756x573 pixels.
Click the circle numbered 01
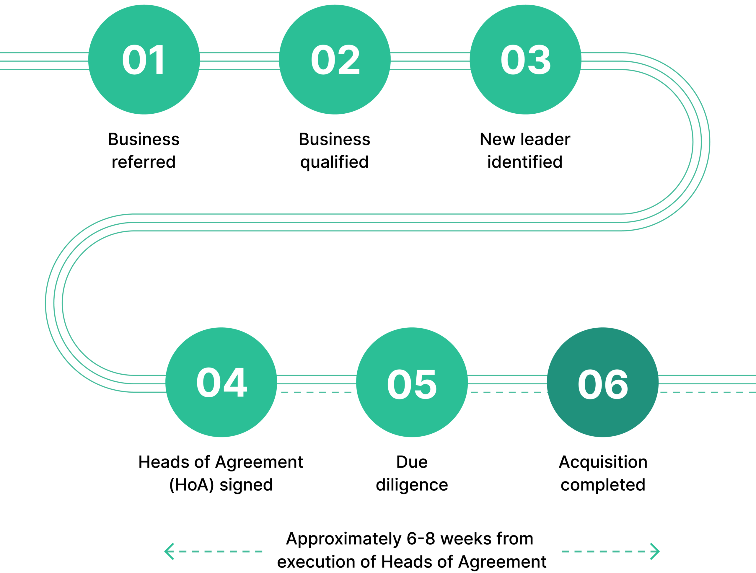pyautogui.click(x=144, y=59)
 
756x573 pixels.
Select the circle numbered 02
pyautogui.click(x=335, y=59)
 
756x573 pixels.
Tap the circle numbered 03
pyautogui.click(x=525, y=59)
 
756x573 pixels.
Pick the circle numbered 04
pyautogui.click(x=221, y=382)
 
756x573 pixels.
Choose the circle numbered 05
pyautogui.click(x=412, y=382)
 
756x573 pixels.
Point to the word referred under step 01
pyautogui.click(x=144, y=162)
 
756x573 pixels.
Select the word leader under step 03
pyautogui.click(x=545, y=139)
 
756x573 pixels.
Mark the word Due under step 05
pyautogui.click(x=412, y=462)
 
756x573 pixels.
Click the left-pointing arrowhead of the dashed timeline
pyautogui.click(x=169, y=551)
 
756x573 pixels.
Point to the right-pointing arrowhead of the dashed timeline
pyautogui.click(x=655, y=551)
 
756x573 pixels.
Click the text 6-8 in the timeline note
pyautogui.click(x=421, y=539)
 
